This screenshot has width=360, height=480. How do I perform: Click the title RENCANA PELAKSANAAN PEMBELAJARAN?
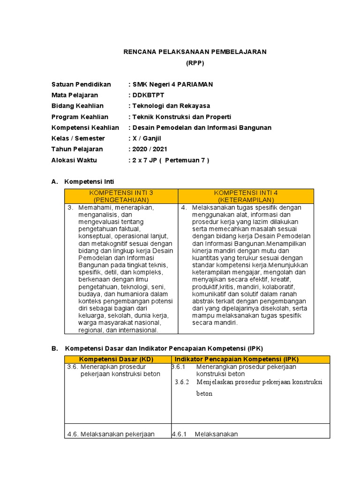point(195,52)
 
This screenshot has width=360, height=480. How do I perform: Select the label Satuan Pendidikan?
point(81,84)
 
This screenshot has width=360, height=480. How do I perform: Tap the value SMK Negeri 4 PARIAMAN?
point(172,84)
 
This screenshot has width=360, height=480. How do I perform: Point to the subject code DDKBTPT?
point(149,95)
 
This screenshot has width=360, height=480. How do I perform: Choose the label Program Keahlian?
point(80,117)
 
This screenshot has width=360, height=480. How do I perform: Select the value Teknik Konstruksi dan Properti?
point(181,117)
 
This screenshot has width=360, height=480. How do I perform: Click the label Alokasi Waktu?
point(74,160)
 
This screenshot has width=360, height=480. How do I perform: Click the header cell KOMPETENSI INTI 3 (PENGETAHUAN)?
point(121,196)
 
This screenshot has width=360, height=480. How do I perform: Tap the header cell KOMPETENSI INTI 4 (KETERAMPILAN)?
point(246,196)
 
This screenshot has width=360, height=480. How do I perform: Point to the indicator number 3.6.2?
point(181,382)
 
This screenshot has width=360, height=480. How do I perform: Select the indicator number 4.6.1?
point(179,434)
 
